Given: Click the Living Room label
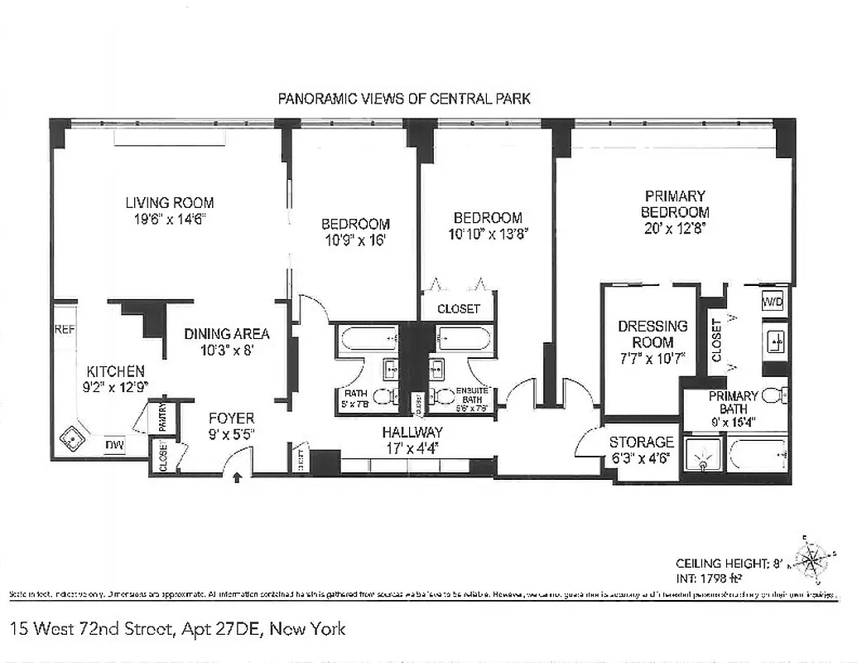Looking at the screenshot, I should coord(170,202).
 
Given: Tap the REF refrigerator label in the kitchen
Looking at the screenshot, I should coord(65,329).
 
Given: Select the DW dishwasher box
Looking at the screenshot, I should coord(115,447).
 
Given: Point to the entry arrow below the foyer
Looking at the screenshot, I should coord(239,478).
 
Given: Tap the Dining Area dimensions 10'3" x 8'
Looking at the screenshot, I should coord(227,350).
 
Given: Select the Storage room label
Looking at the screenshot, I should coord(642,442).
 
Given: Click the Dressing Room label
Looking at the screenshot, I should coord(652,334).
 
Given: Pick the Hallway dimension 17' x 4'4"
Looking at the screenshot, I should coord(412,448).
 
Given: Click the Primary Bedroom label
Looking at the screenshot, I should coord(675,204).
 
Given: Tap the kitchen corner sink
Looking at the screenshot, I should coord(73,438).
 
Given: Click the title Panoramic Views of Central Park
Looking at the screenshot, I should coord(404,99).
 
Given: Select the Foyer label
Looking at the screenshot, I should coord(231,418).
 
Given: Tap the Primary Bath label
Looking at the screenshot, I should coord(733,402).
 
